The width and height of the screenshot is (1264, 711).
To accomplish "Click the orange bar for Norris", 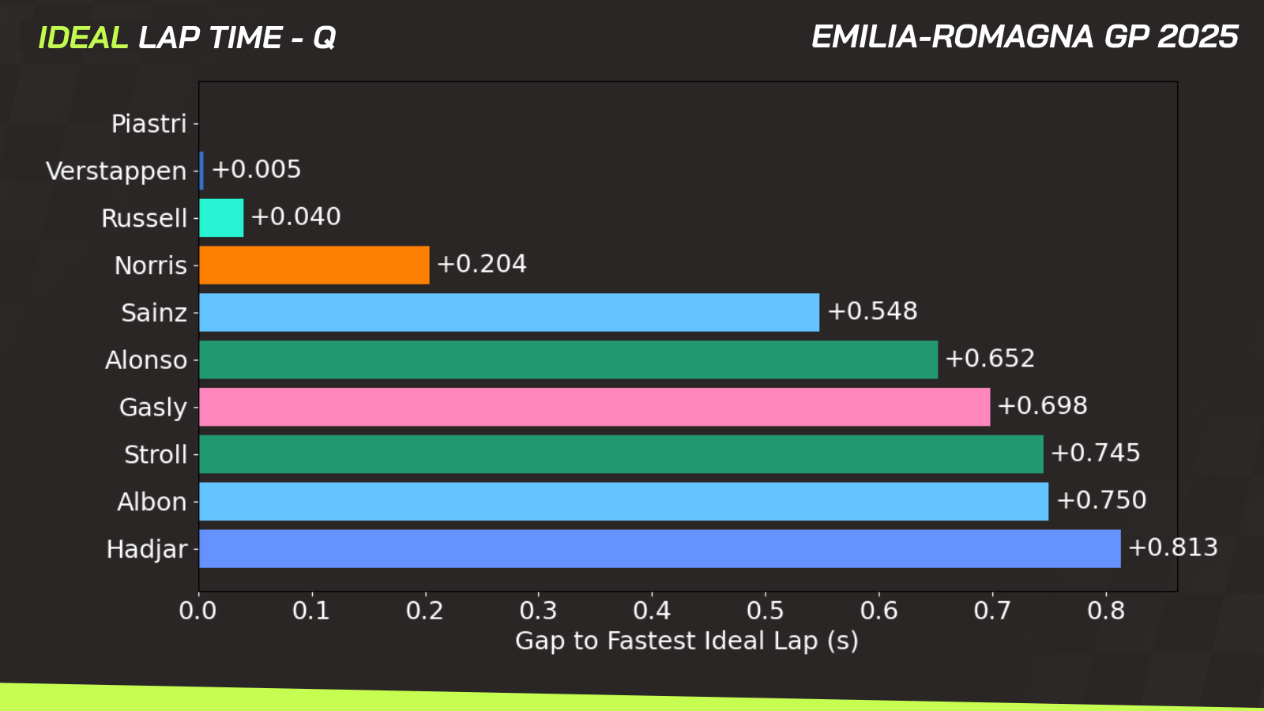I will pos(314,265).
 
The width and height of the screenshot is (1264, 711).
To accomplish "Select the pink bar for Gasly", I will pos(594,407).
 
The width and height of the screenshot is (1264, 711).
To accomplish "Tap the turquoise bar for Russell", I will pos(221,218).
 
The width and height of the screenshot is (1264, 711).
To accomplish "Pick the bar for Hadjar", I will pos(660,549).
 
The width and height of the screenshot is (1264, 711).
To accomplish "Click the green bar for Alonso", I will pos(568,359).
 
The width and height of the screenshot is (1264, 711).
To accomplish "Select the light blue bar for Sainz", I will pos(509,313).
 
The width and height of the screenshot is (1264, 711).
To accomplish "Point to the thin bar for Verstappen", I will pos(201,171).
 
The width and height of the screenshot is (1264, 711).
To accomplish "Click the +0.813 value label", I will pos(1172,547).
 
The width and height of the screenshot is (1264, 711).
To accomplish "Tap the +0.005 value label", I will pos(256,169).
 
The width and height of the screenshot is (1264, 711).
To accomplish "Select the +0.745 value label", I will pos(1095,453).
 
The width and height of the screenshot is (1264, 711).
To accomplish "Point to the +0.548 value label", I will pos(872,311).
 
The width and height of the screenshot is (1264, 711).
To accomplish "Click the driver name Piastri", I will pos(149,124).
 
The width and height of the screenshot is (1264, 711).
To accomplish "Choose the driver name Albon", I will pos(152,502).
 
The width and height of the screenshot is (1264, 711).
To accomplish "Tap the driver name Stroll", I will pos(156,454).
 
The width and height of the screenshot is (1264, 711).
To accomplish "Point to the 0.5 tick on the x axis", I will pos(766,611).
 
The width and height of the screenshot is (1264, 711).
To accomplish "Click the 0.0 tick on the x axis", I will pos(198,611).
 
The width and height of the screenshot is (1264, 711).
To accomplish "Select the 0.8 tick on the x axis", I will pos(1106,611).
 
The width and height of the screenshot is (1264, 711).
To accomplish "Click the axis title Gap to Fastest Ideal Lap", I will pos(686,641).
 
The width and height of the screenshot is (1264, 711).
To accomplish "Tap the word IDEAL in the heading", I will pos(82,38).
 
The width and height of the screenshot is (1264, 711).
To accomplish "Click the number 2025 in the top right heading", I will pos(1198,37).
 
